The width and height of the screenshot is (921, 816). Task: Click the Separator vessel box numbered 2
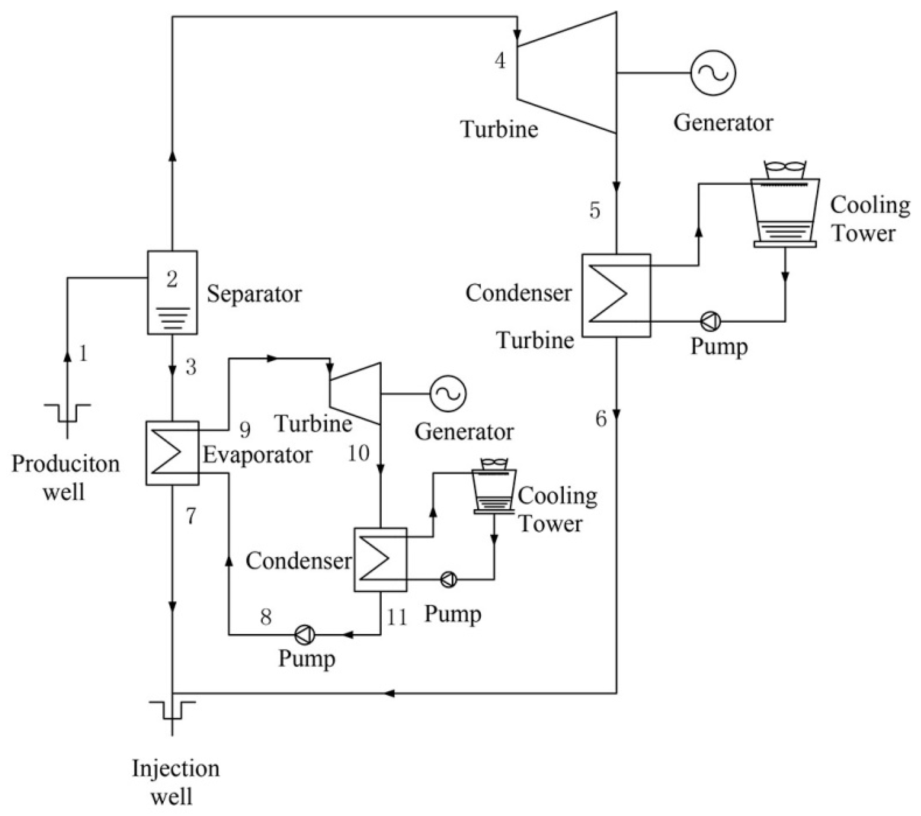coord(172,292)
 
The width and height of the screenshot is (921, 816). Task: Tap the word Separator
coord(254,294)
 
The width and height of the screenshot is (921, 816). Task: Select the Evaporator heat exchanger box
coord(172,453)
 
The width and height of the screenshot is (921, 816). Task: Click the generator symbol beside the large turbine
coord(713,73)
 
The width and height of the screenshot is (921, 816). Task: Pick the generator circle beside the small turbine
coord(448,393)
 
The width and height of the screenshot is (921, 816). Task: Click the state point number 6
coord(601,419)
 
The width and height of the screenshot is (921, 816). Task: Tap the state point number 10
coord(358,453)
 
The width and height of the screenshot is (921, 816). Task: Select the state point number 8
coord(266,616)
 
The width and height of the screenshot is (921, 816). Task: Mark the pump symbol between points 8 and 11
coord(305,635)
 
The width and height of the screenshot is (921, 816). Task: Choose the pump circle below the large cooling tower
coord(711,321)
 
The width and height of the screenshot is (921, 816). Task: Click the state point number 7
coord(191,516)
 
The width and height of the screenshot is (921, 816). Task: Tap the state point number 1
coord(83,353)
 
